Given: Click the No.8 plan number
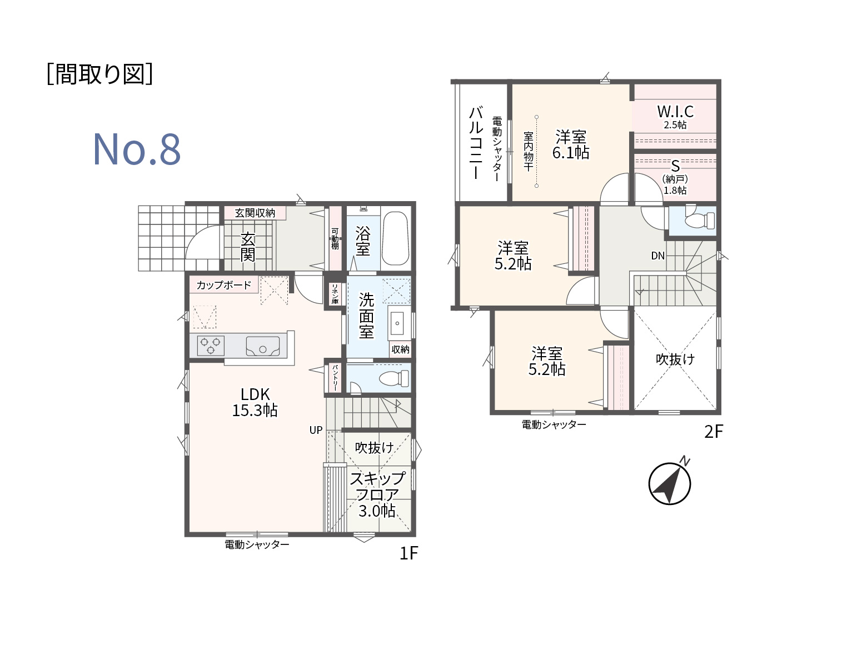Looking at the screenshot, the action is pyautogui.click(x=137, y=149).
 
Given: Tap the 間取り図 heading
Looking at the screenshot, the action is pyautogui.click(x=99, y=74).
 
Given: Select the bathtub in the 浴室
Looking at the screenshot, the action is pyautogui.click(x=395, y=238).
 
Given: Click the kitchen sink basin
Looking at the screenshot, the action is pyautogui.click(x=263, y=346).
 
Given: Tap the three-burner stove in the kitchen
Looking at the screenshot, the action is pyautogui.click(x=211, y=346).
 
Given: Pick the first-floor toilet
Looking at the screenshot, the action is pyautogui.click(x=393, y=378).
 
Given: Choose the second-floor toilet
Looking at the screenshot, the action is pyautogui.click(x=700, y=219).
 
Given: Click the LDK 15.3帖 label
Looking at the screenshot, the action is pyautogui.click(x=255, y=402).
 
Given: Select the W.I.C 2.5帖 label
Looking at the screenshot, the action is pyautogui.click(x=675, y=117).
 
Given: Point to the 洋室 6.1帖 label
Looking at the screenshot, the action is pyautogui.click(x=571, y=144).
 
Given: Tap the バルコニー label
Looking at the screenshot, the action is pyautogui.click(x=476, y=143).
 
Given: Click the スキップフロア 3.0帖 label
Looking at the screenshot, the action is pyautogui.click(x=377, y=494).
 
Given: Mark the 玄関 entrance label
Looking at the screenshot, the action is pyautogui.click(x=248, y=247).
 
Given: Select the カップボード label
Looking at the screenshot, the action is pyautogui.click(x=224, y=285).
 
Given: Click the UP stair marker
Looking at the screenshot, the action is pyautogui.click(x=316, y=430).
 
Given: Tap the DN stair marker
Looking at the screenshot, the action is pyautogui.click(x=657, y=256).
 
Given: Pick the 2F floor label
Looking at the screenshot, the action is pyautogui.click(x=714, y=432).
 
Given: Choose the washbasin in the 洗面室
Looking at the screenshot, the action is pyautogui.click(x=397, y=323).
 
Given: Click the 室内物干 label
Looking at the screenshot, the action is pyautogui.click(x=529, y=151).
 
